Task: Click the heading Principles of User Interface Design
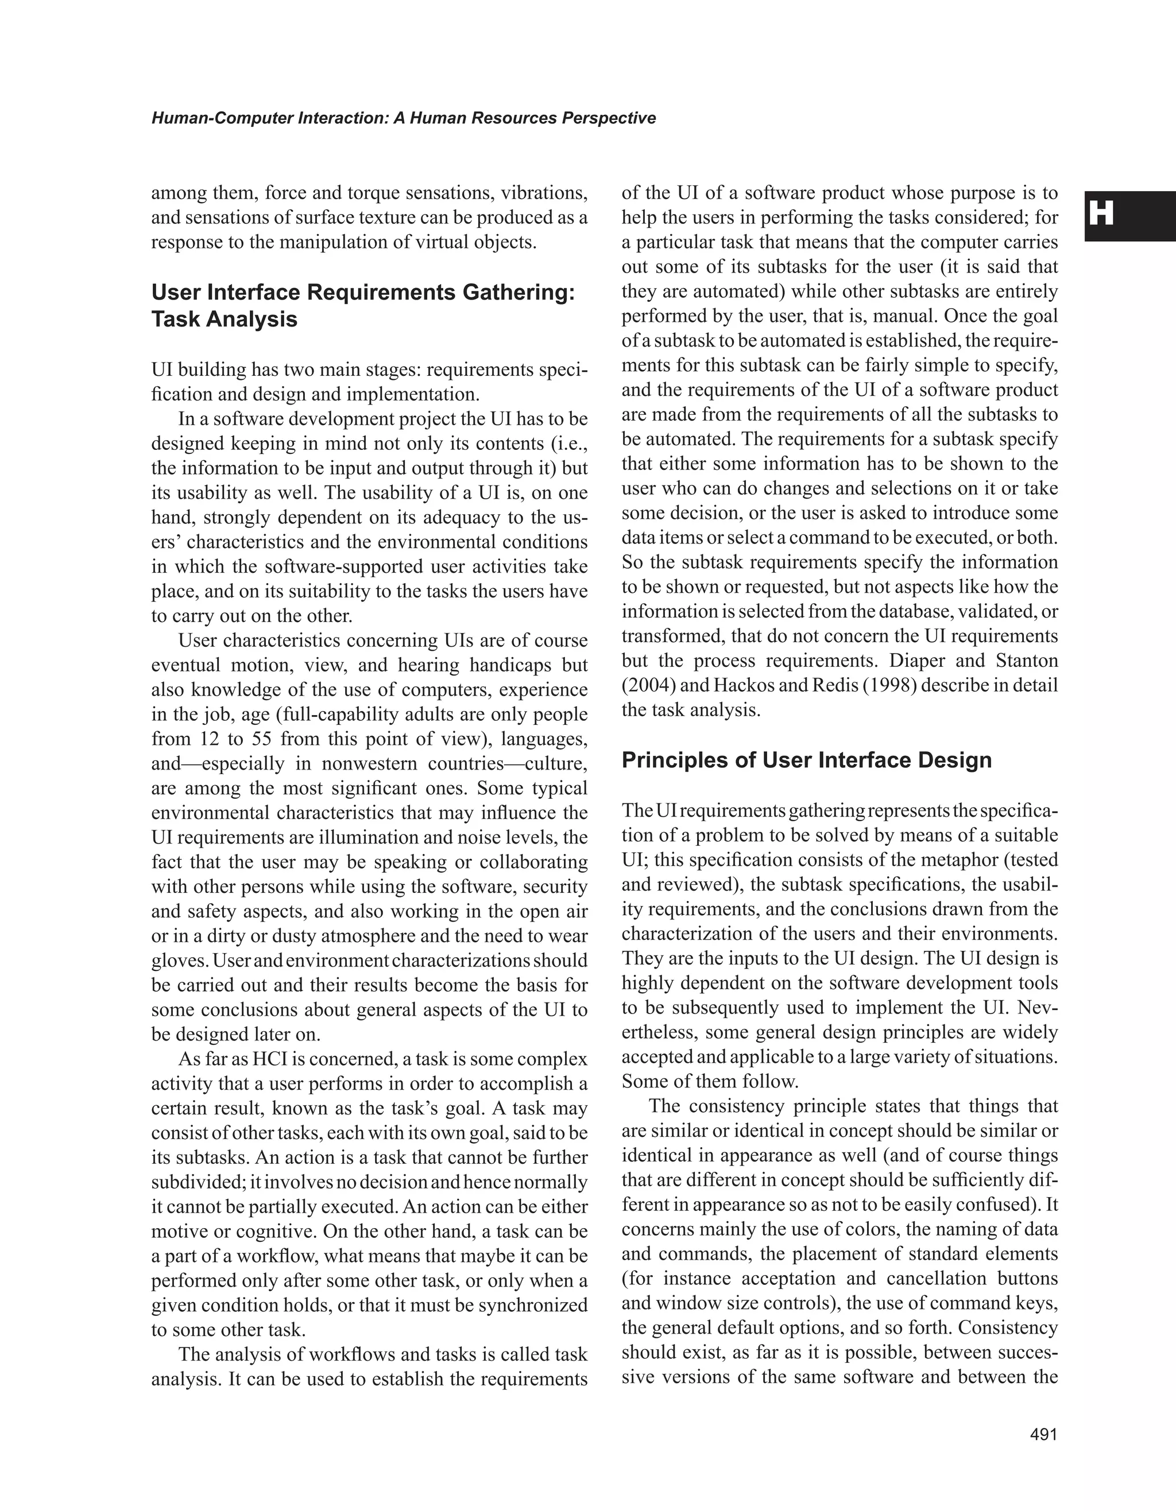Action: (x=806, y=760)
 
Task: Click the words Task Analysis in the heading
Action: (x=225, y=319)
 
